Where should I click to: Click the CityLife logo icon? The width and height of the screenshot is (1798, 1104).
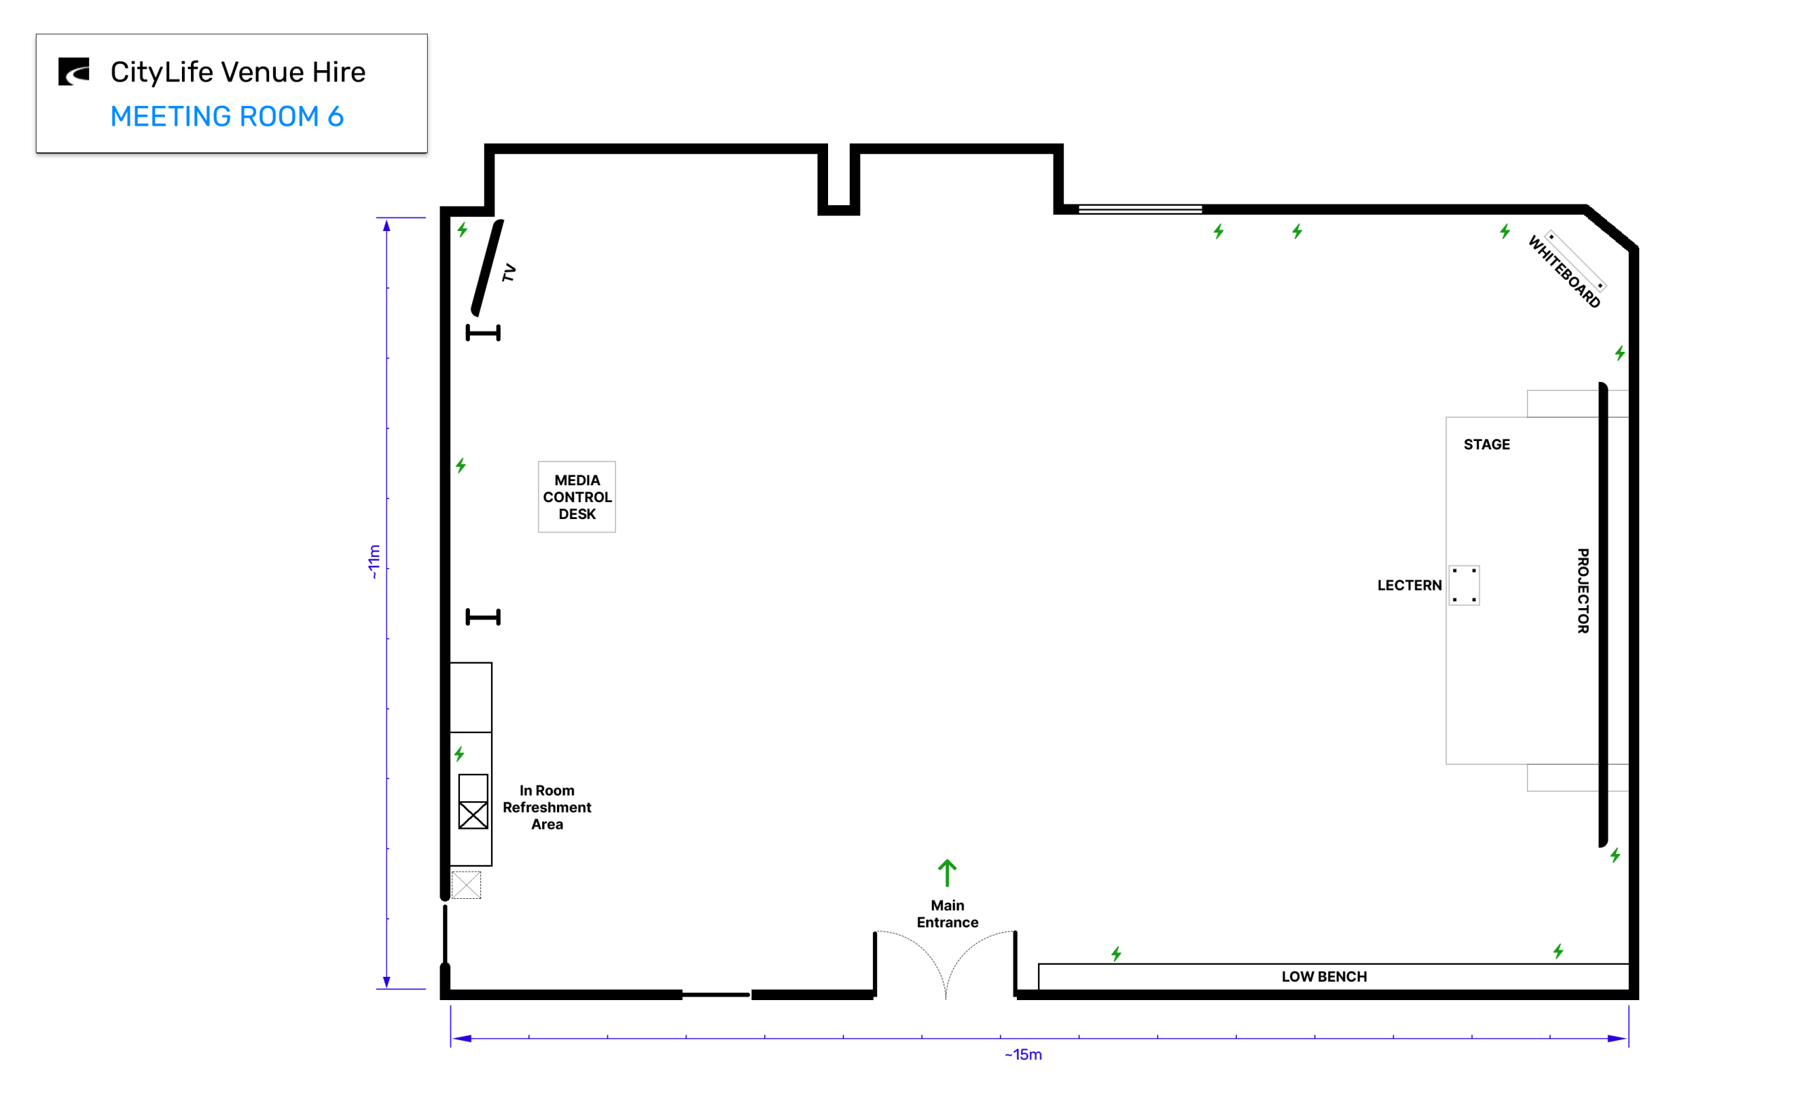pyautogui.click(x=74, y=72)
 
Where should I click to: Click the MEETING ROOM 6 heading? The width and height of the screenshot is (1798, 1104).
pyautogui.click(x=227, y=116)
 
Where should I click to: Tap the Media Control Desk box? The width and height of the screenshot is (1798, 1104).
pyautogui.click(x=577, y=497)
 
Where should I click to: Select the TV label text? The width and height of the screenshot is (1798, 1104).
pyautogui.click(x=508, y=273)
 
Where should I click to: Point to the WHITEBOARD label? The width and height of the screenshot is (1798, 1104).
pyautogui.click(x=1563, y=272)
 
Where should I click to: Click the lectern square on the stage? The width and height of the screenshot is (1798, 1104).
pyautogui.click(x=1464, y=585)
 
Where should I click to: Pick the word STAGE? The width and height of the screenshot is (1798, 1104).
pyautogui.click(x=1486, y=444)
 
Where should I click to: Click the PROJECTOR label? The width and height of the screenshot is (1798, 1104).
pyautogui.click(x=1582, y=591)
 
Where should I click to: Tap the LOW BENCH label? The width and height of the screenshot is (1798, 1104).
pyautogui.click(x=1323, y=976)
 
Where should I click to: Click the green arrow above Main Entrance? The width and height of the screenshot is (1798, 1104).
pyautogui.click(x=947, y=872)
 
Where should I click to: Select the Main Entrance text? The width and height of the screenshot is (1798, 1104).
pyautogui.click(x=947, y=914)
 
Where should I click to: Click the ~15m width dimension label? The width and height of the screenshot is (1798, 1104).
pyautogui.click(x=1023, y=1054)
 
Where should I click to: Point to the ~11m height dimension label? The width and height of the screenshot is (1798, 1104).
pyautogui.click(x=374, y=562)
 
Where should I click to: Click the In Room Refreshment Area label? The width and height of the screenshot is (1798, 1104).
pyautogui.click(x=546, y=807)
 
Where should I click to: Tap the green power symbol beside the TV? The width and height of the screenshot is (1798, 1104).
pyautogui.click(x=462, y=230)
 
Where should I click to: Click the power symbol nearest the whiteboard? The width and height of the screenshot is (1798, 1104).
pyautogui.click(x=1504, y=232)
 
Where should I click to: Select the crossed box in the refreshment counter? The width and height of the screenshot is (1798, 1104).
pyautogui.click(x=473, y=815)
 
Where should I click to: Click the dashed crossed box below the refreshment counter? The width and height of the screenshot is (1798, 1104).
pyautogui.click(x=466, y=885)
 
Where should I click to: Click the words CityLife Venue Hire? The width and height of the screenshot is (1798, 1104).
pyautogui.click(x=238, y=72)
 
